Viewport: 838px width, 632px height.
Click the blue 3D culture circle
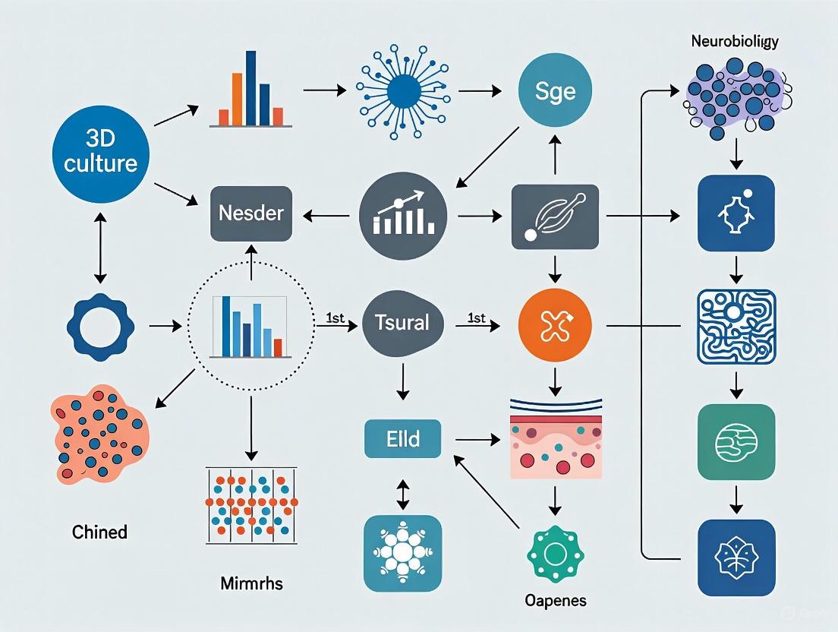coord(101,153)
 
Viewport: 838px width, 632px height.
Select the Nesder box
coord(250,213)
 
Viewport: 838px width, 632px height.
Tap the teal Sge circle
coord(555,92)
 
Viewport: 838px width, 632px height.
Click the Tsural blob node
coord(402,323)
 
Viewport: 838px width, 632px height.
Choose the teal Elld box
coord(402,438)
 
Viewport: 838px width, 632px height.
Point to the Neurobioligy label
coord(734,43)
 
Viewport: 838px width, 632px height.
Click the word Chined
coord(99,532)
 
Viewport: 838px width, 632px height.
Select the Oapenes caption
coord(555,600)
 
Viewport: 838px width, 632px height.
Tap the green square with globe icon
coord(736,441)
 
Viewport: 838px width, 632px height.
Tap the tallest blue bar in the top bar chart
coord(249,87)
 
